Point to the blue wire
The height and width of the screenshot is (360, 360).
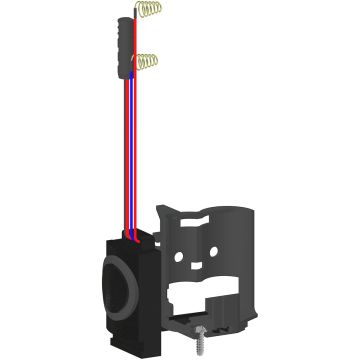(128, 150)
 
